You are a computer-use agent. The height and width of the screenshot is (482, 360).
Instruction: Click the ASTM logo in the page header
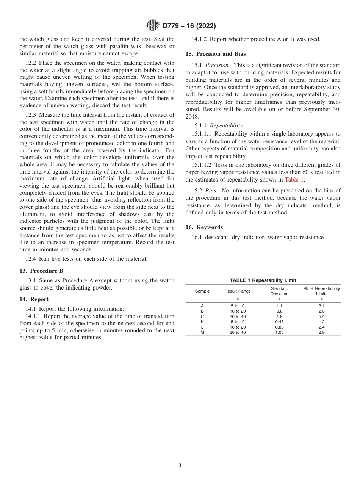[x=153, y=26]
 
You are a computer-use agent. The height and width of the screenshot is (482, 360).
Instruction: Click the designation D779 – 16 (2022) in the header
[x=189, y=26]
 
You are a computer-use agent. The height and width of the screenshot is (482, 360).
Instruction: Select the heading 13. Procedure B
[x=41, y=271]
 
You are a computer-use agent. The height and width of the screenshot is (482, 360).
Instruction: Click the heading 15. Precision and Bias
[x=216, y=54]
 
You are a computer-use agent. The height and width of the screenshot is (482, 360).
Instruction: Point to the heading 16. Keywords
[x=204, y=227]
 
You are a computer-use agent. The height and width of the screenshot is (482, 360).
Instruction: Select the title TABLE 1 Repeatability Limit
[x=263, y=280]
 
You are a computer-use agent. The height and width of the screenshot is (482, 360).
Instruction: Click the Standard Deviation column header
[x=279, y=291]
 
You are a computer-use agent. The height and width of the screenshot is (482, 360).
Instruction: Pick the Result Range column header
[x=238, y=291]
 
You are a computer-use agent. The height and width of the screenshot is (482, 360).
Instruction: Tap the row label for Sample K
[x=202, y=322]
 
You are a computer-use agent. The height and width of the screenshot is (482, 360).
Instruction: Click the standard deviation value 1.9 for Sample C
[x=279, y=316]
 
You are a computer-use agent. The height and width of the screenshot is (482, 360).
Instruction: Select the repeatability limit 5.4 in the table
[x=321, y=316]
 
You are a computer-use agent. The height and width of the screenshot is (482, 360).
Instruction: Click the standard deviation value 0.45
[x=279, y=322]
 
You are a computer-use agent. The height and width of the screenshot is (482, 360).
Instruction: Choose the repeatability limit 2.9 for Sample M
[x=321, y=332]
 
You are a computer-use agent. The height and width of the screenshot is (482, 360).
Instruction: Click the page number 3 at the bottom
[x=180, y=466]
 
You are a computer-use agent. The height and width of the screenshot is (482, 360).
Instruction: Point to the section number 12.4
[x=31, y=259]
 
